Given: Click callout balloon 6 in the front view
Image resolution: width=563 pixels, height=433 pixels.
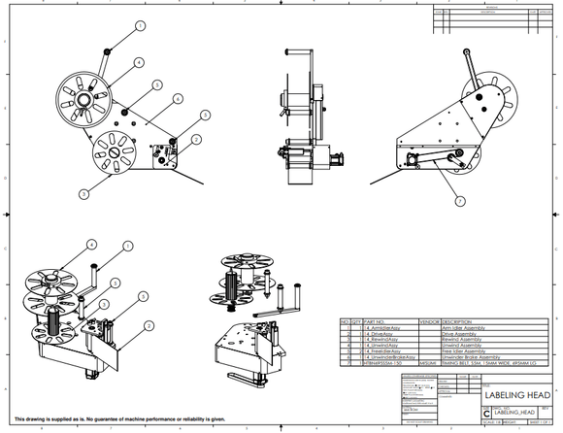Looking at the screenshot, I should (179, 99).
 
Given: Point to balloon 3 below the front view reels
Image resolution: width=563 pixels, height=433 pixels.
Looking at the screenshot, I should (83, 194).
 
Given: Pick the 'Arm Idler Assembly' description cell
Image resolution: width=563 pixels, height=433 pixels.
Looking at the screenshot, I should (465, 329).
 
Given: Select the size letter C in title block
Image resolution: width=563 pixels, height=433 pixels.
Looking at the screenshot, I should (486, 412).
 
